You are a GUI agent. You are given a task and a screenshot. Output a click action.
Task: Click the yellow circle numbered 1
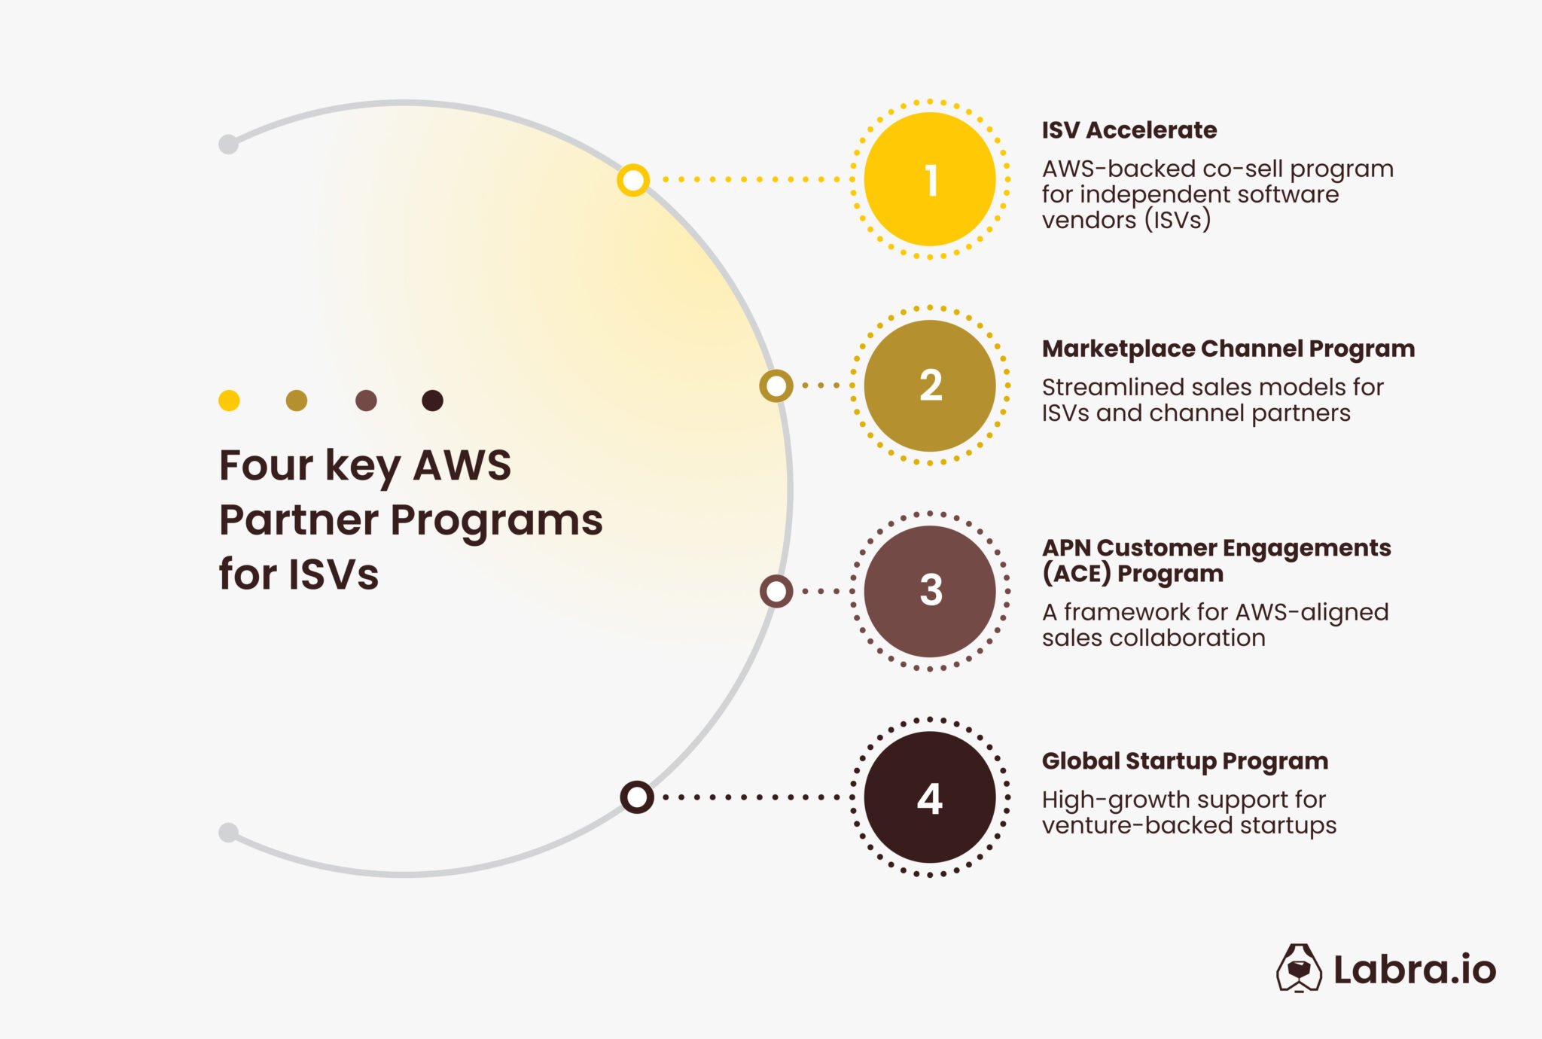coord(930,179)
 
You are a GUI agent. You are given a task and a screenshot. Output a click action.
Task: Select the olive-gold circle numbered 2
coord(930,385)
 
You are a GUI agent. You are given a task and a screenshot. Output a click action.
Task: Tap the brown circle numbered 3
coord(930,591)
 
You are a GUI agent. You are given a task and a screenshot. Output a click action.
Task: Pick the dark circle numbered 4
coord(930,797)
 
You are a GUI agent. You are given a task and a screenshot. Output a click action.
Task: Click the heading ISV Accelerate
coord(1129,130)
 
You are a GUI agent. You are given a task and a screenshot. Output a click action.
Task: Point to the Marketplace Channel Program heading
coord(1228,349)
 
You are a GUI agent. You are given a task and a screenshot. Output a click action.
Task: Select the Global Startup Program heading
coord(1184,760)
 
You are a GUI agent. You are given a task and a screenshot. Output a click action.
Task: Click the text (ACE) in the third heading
coord(1076,574)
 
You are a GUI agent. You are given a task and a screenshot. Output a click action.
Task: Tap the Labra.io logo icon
coord(1298,968)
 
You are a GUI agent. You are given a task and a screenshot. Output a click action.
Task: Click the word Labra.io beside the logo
coord(1414,970)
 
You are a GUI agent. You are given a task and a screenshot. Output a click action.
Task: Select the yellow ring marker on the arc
coord(633,180)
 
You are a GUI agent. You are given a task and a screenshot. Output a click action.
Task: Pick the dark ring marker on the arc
coord(637,797)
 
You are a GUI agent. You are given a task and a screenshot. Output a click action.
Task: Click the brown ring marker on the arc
coord(776,591)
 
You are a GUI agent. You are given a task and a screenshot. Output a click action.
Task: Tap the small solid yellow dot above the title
coord(229,401)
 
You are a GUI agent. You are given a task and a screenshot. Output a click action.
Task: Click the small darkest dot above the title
coord(432,401)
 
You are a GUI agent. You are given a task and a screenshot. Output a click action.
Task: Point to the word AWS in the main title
coord(462,465)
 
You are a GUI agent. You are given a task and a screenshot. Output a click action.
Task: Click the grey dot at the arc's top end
coord(228,144)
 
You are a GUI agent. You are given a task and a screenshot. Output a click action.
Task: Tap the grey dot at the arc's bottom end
coord(228,832)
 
